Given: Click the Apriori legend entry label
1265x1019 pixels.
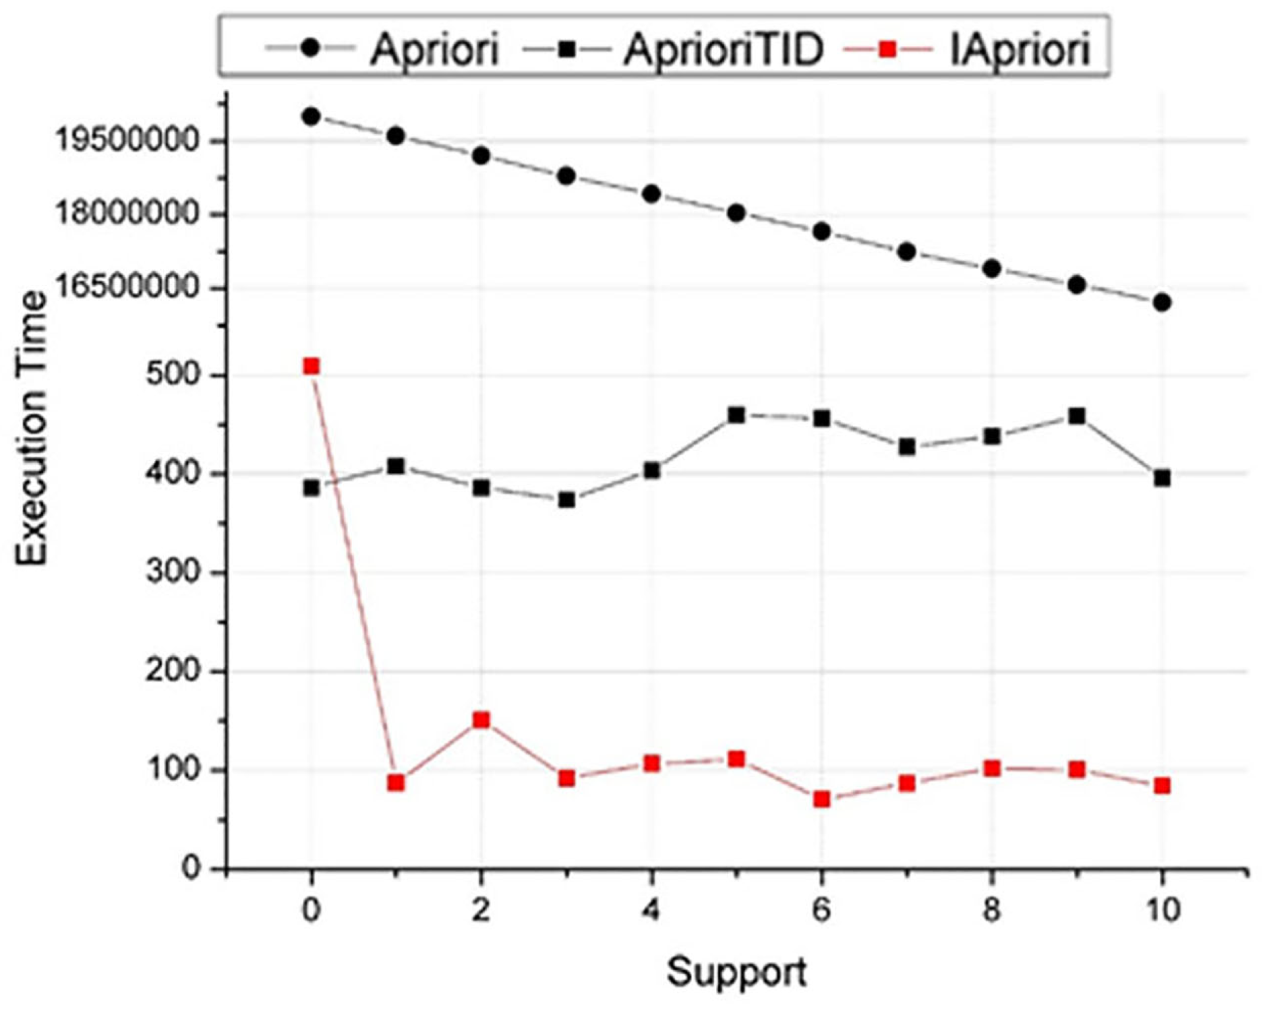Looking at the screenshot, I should pyautogui.click(x=434, y=49).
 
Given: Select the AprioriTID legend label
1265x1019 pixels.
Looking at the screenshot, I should pyautogui.click(x=723, y=49).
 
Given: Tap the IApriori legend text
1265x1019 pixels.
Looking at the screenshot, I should pyautogui.click(x=1020, y=49).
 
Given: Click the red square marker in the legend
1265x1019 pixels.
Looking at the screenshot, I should pyautogui.click(x=888, y=49).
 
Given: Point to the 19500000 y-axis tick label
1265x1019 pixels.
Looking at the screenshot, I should pyautogui.click(x=127, y=140).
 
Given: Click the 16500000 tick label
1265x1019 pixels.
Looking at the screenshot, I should pyautogui.click(x=127, y=288).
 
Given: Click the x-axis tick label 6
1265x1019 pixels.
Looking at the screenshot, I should pyautogui.click(x=821, y=910).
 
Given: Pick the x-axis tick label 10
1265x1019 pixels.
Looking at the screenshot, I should pyautogui.click(x=1162, y=910).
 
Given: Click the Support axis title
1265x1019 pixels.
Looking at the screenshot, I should pyautogui.click(x=736, y=972).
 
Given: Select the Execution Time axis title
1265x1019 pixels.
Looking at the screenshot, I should pyautogui.click(x=32, y=429).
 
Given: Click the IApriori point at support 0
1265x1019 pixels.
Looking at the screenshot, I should pyautogui.click(x=311, y=366).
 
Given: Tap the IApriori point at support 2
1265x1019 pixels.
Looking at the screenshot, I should pyautogui.click(x=481, y=719).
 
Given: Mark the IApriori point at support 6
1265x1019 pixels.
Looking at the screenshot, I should pyautogui.click(x=821, y=799).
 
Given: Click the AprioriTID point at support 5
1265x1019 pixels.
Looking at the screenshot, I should pyautogui.click(x=736, y=415).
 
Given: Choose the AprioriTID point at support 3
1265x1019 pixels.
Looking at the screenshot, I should pyautogui.click(x=566, y=500).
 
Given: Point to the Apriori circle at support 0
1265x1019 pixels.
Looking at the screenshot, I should pyautogui.click(x=311, y=117).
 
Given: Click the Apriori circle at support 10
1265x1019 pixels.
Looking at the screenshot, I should pyautogui.click(x=1162, y=302).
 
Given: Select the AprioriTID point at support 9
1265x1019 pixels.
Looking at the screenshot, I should pyautogui.click(x=1076, y=416).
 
